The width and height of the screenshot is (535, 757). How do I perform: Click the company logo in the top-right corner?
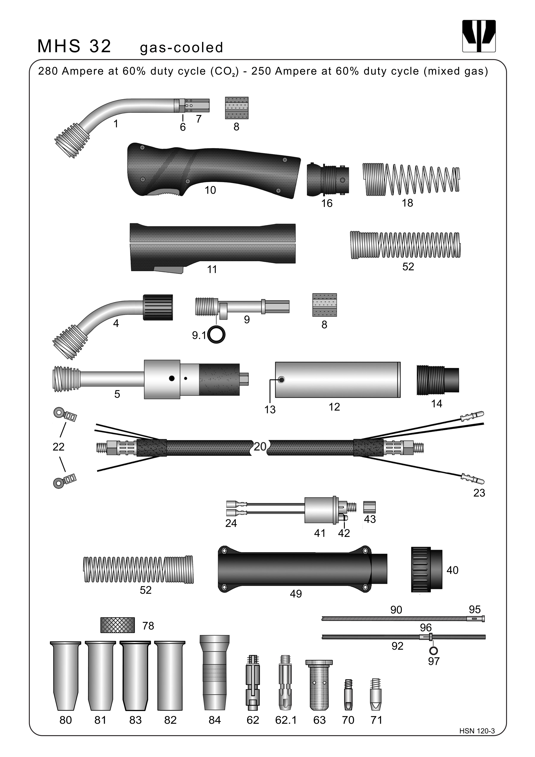479,36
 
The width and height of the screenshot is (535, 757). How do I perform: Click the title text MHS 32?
74,46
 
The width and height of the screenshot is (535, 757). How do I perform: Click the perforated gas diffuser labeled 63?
319,684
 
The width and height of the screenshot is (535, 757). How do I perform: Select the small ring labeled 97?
433,650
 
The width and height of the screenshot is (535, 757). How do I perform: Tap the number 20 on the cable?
260,447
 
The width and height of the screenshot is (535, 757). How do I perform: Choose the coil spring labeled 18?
411,179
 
